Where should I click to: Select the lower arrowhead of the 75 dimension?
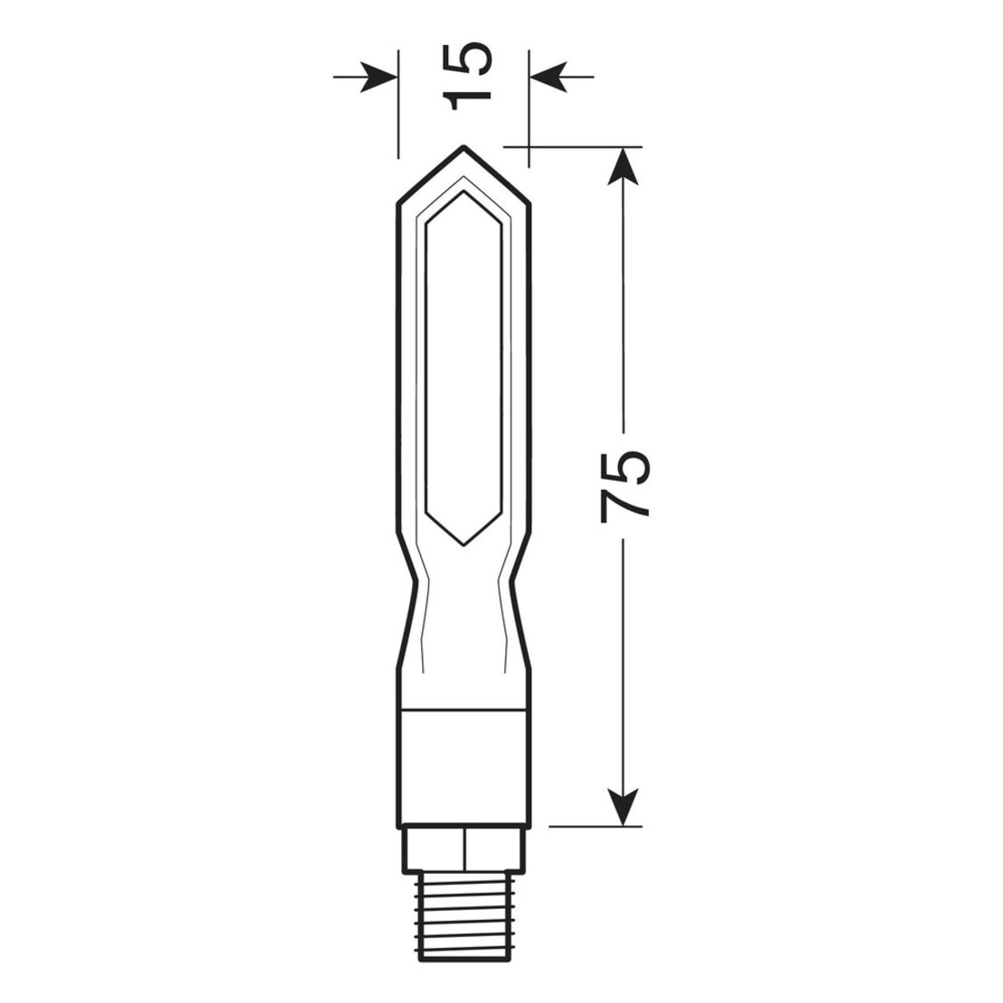[x=619, y=807]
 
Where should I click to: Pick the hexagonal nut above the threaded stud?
[x=464, y=850]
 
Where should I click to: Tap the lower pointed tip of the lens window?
[x=464, y=543]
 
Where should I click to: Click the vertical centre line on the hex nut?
[x=464, y=850]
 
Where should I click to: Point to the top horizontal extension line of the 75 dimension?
[x=578, y=145]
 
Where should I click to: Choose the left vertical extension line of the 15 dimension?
[x=398, y=108]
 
